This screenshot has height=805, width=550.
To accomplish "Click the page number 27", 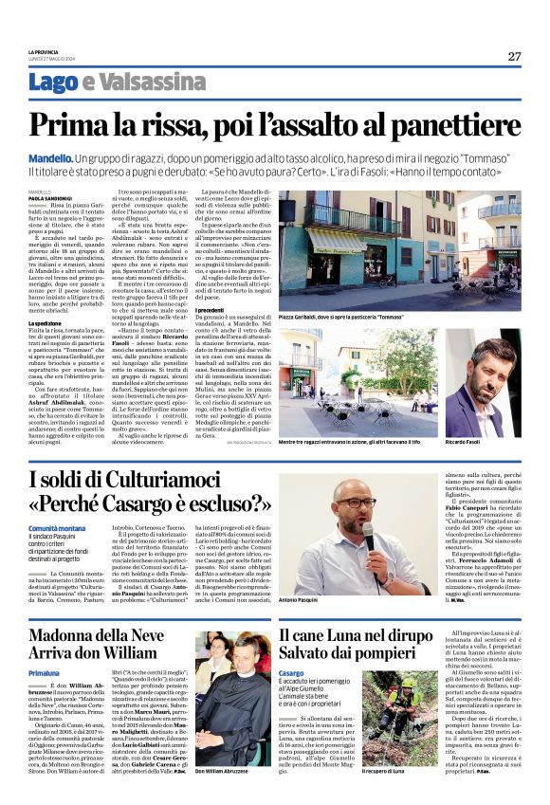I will [513, 56].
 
